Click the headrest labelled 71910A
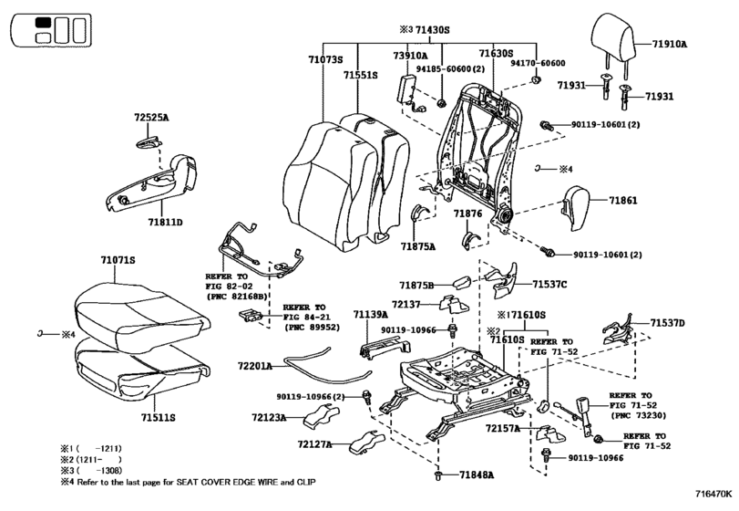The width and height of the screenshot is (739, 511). tap(613, 45)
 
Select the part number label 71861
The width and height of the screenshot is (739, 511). tap(623, 201)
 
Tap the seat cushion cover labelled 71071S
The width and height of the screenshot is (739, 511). tap(141, 317)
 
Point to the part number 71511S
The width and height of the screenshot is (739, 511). tap(159, 418)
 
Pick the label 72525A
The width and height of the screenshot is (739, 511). tap(151, 118)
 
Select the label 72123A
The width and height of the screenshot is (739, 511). tap(269, 418)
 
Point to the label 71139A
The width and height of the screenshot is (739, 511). tap(371, 315)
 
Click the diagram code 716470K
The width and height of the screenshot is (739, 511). tap(713, 494)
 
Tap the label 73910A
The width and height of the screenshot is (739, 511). tap(410, 56)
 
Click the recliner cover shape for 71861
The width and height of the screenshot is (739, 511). tap(577, 208)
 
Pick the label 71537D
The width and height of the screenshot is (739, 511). tap(668, 323)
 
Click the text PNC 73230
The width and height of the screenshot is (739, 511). tap(639, 416)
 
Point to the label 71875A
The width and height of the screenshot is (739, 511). tap(418, 245)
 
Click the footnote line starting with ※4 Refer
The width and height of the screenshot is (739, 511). tap(188, 482)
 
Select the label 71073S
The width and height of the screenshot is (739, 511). tap(325, 60)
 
